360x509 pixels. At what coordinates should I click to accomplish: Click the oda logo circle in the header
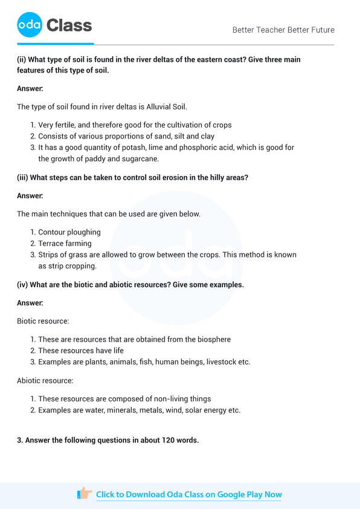tap(30, 25)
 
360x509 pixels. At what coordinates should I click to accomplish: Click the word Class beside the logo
tap(69, 25)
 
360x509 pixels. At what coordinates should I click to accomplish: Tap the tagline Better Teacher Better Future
tap(283, 30)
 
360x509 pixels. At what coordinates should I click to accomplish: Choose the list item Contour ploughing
tap(69, 232)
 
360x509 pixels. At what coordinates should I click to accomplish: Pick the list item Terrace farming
tap(65, 244)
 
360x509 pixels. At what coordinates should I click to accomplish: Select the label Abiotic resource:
tap(45, 380)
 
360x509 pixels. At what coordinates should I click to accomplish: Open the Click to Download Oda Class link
tap(188, 494)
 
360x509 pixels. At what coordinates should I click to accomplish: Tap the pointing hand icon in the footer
tap(85, 494)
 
